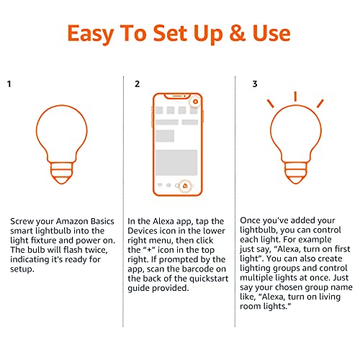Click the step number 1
click(x=9, y=84)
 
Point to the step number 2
click(x=137, y=84)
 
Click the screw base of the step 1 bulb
click(x=60, y=171)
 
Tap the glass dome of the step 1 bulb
click(x=60, y=133)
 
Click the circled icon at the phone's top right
click(x=194, y=102)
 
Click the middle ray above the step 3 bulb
click(x=295, y=96)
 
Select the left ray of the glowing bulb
click(x=272, y=102)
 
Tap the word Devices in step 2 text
click(x=154, y=231)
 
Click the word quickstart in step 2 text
click(x=197, y=277)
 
